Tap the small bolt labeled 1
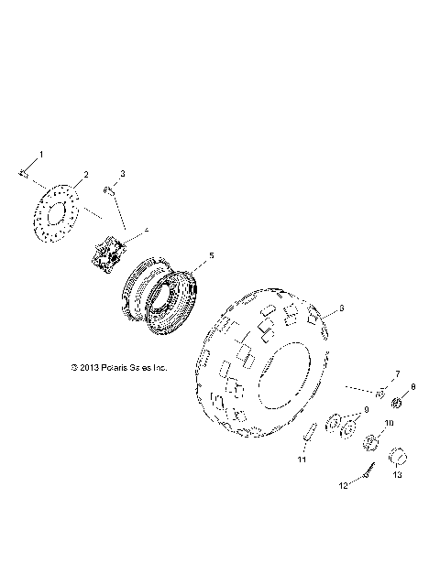23,172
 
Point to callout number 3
124,173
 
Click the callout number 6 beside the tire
342,308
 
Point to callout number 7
398,373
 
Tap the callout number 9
366,410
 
